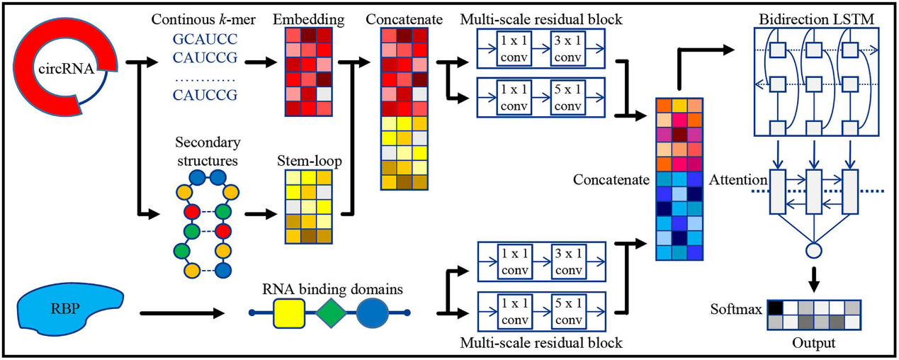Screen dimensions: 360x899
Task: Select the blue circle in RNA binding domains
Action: [373, 311]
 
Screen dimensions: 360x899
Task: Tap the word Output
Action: [814, 343]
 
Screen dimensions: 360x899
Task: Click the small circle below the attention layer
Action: [814, 249]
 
